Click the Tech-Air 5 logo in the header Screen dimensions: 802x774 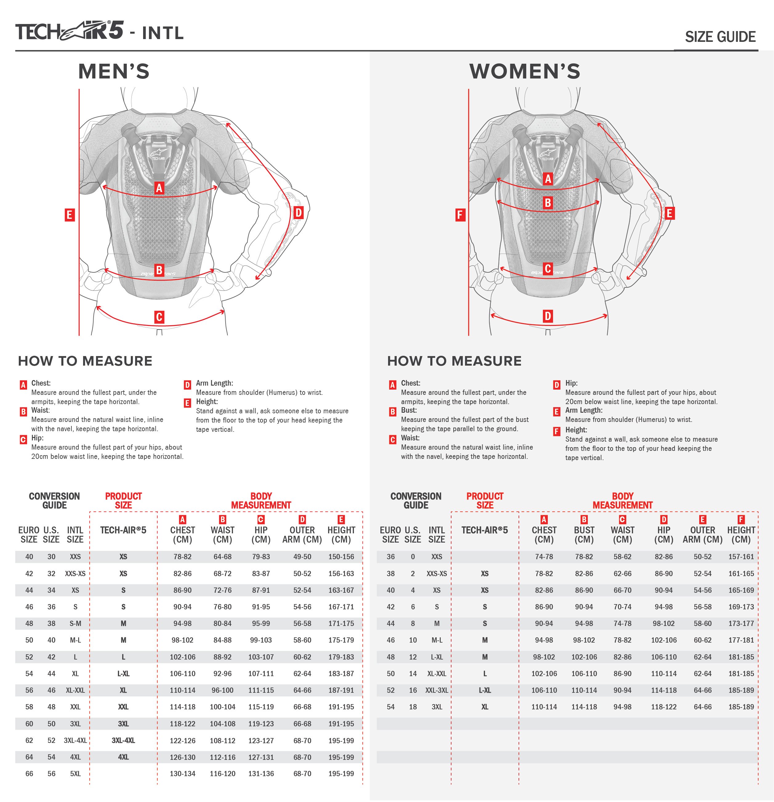(70, 31)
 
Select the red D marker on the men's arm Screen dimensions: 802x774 (298, 213)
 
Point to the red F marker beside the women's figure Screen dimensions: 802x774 (460, 215)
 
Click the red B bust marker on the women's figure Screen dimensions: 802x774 (548, 203)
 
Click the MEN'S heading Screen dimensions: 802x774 (114, 72)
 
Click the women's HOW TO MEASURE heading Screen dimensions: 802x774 (454, 361)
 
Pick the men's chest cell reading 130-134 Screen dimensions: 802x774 (182, 774)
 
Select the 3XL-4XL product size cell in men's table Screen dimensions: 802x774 (123, 740)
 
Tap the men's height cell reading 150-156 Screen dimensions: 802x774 (341, 556)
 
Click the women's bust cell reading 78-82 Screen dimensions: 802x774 (584, 556)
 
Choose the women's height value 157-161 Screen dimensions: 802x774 (740, 556)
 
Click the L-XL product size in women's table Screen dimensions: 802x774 (485, 690)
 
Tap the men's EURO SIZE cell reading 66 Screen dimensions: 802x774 (29, 774)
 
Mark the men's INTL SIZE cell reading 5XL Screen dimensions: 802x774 (75, 774)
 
